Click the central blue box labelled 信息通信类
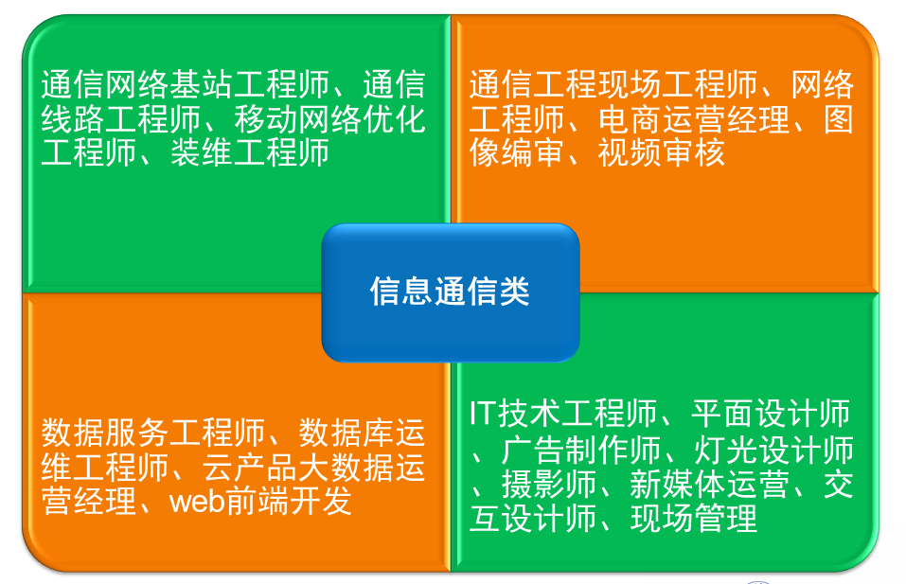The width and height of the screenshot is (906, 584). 451,292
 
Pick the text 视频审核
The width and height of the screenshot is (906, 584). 662,151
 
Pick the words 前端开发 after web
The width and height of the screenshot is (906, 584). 290,500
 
